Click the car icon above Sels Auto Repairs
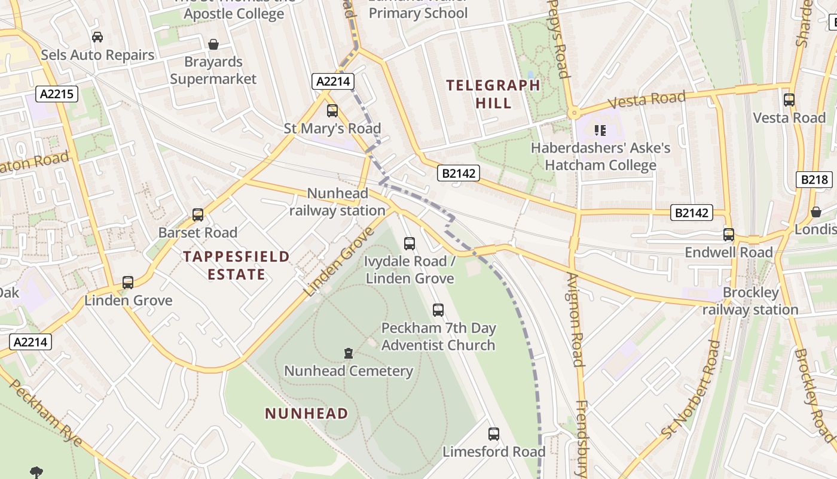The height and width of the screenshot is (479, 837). click(x=97, y=37)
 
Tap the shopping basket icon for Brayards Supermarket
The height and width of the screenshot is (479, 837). click(x=213, y=44)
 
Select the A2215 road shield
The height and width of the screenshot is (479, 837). click(x=57, y=93)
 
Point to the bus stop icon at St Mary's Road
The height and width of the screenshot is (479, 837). click(x=332, y=111)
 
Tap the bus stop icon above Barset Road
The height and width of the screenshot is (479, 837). click(x=197, y=215)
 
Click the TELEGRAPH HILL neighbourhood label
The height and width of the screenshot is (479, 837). click(x=493, y=94)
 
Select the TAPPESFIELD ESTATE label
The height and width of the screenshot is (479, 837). click(x=236, y=265)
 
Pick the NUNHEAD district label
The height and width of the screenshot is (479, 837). click(x=306, y=413)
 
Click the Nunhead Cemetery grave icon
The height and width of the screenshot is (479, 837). click(x=349, y=353)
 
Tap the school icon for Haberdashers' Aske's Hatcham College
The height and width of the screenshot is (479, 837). click(x=600, y=130)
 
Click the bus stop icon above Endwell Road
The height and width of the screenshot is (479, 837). click(x=728, y=235)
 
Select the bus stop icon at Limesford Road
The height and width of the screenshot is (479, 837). click(x=493, y=434)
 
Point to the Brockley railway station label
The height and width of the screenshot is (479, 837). click(x=750, y=301)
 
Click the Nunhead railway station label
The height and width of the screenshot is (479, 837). click(x=337, y=202)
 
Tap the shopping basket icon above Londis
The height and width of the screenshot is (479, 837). click(x=815, y=212)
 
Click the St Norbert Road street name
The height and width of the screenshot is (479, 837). click(x=689, y=397)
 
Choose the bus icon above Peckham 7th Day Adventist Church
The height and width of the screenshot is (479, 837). click(x=438, y=310)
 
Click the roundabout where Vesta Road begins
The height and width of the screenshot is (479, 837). click(x=573, y=113)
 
